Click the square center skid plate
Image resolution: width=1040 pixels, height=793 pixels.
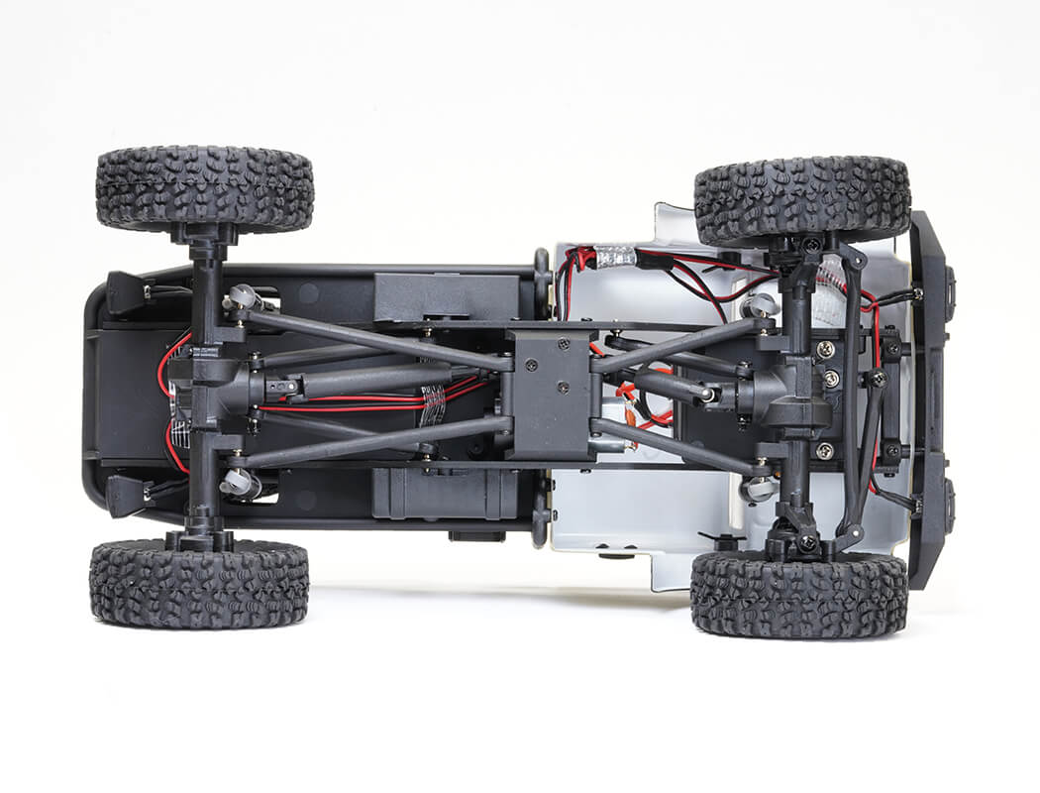550,394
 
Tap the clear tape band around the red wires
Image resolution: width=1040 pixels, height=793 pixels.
434,403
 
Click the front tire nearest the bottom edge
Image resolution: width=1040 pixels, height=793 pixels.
798,594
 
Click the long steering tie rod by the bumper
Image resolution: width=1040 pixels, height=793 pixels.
850,396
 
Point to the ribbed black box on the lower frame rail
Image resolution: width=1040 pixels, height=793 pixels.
445,493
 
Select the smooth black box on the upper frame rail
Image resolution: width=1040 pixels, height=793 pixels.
446,294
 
